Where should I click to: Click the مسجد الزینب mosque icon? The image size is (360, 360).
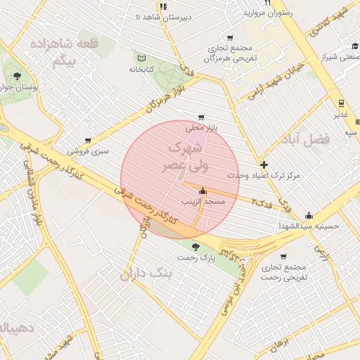[203, 190]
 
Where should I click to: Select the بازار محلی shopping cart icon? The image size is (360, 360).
[202, 117]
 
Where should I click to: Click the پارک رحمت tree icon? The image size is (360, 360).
[195, 246]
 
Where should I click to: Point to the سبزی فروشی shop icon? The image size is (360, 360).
[88, 141]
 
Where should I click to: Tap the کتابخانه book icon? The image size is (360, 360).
[142, 58]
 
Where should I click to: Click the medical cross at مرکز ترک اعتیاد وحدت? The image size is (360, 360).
[264, 164]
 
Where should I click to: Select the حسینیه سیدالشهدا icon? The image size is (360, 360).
[309, 216]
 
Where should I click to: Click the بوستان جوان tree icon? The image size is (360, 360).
[16, 76]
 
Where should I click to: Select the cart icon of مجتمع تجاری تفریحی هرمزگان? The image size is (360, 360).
[229, 38]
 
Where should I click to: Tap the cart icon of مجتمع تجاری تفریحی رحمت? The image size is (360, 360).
[283, 257]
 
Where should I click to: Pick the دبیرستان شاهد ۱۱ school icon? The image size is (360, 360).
[163, 6]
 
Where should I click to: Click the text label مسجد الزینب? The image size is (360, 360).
[203, 202]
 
